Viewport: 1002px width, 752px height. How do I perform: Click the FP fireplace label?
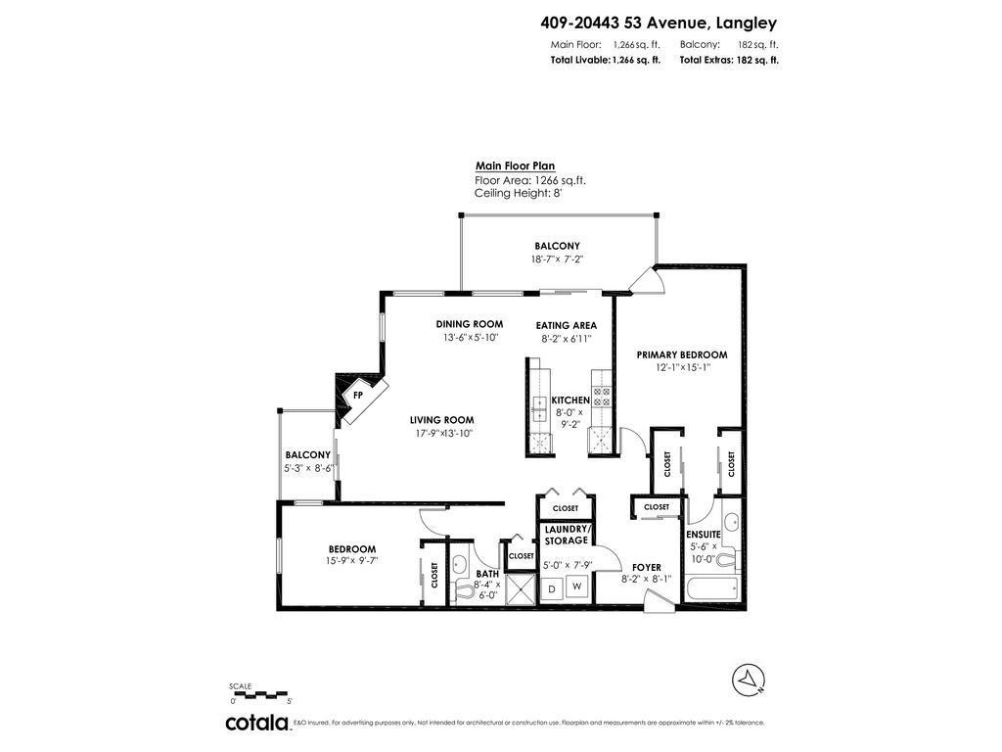(358, 397)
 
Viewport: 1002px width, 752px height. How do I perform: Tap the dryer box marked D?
(552, 587)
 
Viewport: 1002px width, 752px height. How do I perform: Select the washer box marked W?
(577, 587)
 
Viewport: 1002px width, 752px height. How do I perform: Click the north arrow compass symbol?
(749, 679)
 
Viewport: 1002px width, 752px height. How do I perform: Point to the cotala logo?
(257, 723)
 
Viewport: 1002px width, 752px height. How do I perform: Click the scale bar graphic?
(260, 695)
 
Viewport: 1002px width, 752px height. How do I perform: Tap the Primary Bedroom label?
(682, 354)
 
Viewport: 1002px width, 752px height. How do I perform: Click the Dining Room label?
(470, 324)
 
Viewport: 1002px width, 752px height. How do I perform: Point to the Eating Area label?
(566, 325)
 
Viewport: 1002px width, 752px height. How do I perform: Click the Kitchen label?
(570, 400)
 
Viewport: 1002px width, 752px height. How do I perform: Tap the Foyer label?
(646, 567)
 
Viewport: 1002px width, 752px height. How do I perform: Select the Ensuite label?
(704, 534)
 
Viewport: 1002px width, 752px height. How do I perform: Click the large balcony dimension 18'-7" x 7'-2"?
(557, 259)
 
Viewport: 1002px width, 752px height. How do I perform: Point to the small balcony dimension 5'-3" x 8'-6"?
(309, 468)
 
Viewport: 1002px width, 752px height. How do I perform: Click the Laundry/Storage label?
(566, 535)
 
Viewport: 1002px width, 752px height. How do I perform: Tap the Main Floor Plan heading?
(515, 166)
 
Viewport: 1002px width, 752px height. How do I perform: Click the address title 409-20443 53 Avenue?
(659, 23)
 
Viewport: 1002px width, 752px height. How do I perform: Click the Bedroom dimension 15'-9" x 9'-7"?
(352, 562)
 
